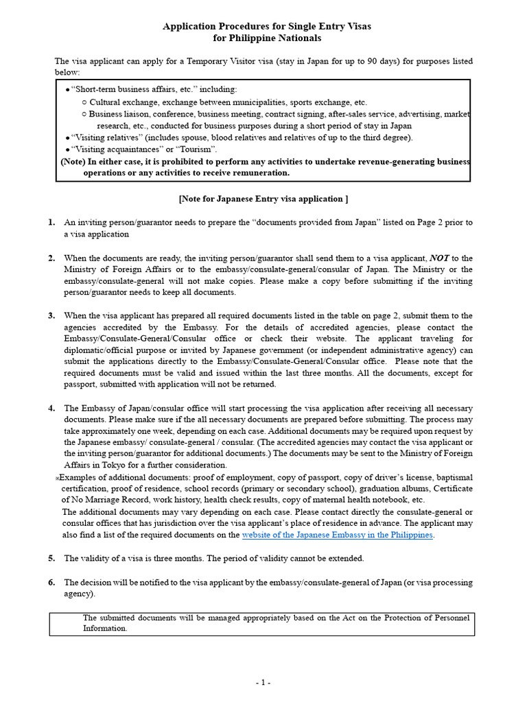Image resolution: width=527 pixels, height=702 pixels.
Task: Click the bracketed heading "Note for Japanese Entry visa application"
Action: (x=263, y=199)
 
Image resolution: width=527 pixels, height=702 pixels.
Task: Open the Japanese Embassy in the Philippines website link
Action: (x=338, y=535)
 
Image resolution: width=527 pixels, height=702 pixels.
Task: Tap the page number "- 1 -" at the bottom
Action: (x=263, y=683)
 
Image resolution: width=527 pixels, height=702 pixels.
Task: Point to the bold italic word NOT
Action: (x=439, y=258)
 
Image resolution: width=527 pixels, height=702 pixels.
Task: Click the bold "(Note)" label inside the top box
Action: (x=72, y=162)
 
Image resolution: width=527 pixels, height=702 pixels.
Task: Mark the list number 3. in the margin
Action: (x=51, y=315)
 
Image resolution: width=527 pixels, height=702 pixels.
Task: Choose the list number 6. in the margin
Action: (x=51, y=583)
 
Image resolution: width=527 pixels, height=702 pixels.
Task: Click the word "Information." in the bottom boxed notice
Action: (x=105, y=628)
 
